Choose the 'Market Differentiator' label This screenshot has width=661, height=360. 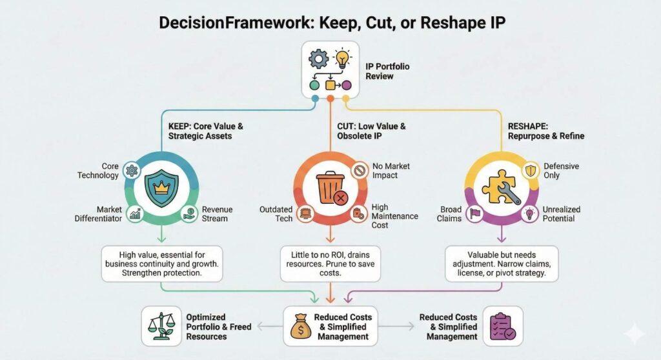101,214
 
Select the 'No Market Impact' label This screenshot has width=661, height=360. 391,171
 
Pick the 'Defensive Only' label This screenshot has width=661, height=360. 561,171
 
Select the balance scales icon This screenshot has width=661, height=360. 158,326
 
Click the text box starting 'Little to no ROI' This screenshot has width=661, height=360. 330,264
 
